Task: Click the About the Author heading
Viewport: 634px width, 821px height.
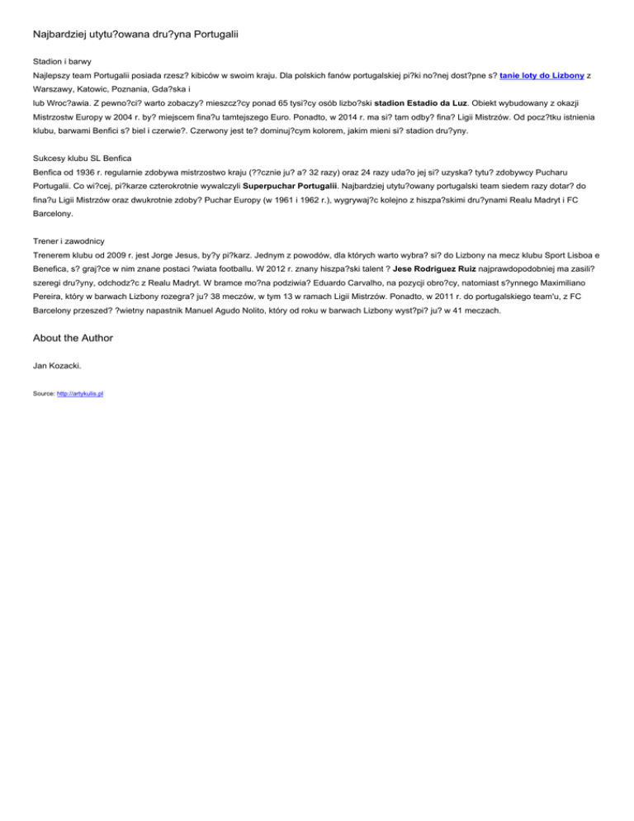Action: (x=73, y=338)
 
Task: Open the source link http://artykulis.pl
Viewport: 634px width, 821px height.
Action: (x=80, y=395)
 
